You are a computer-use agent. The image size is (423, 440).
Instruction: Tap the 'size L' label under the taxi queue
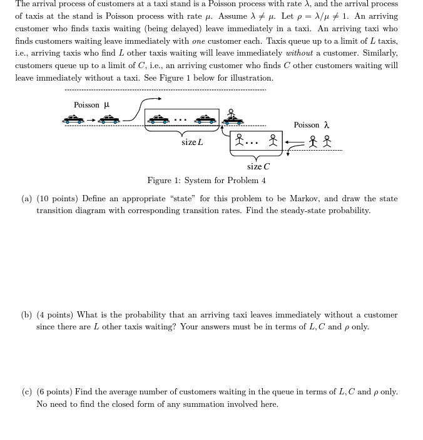click(192, 142)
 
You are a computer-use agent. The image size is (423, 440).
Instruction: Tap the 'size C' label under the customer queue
click(258, 166)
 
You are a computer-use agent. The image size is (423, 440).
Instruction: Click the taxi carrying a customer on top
click(232, 117)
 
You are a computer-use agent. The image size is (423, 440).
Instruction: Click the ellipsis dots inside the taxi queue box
click(180, 119)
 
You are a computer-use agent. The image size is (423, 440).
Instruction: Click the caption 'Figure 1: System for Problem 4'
click(206, 181)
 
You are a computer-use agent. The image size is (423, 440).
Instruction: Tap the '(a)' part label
click(27, 199)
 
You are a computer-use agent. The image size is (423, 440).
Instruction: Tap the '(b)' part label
click(27, 315)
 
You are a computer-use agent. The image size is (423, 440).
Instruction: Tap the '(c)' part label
click(27, 392)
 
